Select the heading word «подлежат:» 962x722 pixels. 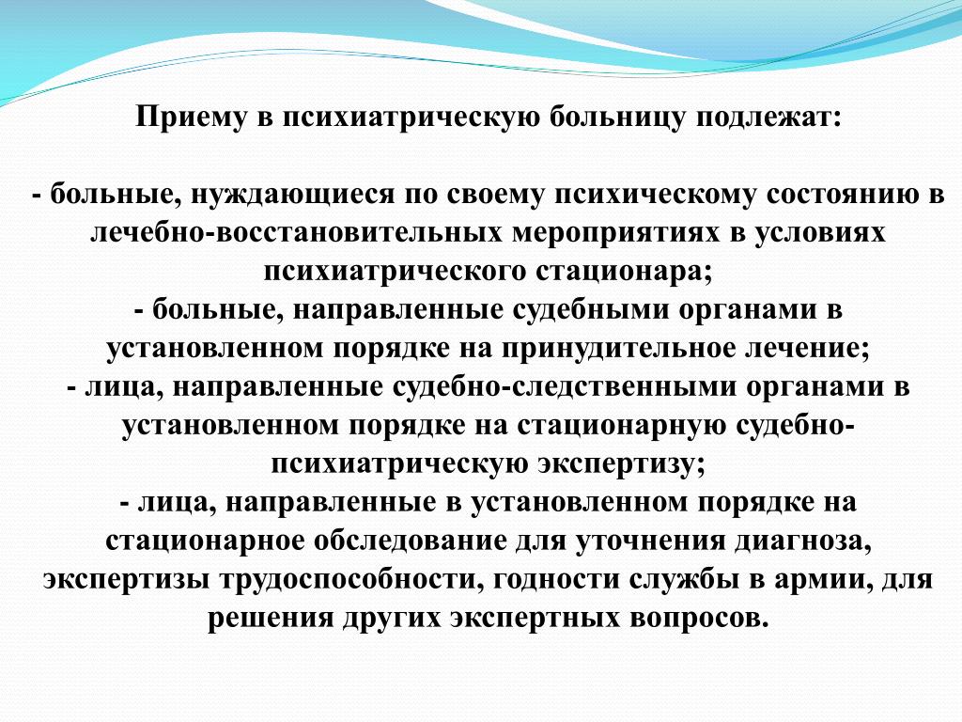point(761,117)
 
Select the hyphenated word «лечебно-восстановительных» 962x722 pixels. point(296,233)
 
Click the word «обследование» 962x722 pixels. point(411,541)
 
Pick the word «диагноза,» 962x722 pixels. point(802,541)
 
